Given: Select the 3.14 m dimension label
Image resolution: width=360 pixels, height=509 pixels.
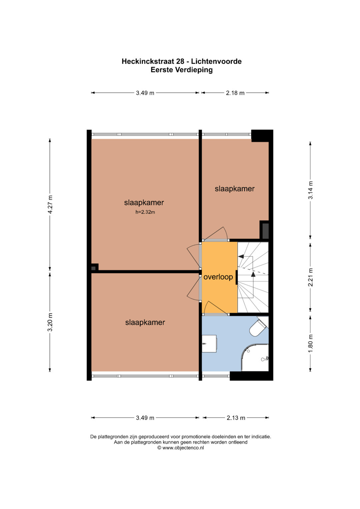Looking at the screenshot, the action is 310,190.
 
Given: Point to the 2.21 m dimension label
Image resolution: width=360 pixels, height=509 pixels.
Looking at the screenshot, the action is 310,277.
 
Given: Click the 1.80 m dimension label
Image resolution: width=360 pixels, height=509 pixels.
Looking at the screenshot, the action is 310,343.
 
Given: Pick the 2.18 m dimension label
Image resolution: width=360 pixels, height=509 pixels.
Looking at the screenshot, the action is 235,93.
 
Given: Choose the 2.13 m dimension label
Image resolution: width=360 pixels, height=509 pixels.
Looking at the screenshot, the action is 236,418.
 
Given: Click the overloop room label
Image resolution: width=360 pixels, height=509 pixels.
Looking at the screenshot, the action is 218,277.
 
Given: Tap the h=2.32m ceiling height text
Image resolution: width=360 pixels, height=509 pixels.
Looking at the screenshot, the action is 145,212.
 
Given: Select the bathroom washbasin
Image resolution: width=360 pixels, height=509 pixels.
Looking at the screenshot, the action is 209,344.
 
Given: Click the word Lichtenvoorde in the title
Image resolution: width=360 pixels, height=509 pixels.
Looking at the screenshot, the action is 216,61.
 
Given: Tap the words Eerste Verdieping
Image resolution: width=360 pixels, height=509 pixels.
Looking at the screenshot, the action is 182,70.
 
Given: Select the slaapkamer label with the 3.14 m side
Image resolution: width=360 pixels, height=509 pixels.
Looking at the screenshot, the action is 235,189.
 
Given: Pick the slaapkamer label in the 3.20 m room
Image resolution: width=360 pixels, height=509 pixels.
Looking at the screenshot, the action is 145,322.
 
